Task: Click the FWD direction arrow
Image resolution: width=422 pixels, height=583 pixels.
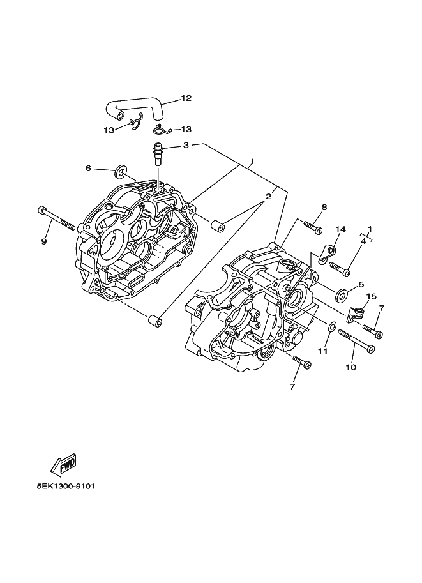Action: (x=64, y=465)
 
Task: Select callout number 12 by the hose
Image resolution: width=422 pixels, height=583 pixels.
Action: (x=186, y=98)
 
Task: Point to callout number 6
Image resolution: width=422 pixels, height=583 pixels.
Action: (x=88, y=169)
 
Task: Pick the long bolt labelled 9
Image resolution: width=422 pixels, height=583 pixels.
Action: (x=57, y=218)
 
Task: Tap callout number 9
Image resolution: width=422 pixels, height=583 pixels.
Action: (x=44, y=241)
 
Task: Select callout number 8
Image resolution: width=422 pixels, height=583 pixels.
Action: (x=324, y=207)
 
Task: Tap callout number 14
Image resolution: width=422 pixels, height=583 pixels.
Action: (x=341, y=229)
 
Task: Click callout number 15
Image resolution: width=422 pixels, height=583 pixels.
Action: (x=371, y=297)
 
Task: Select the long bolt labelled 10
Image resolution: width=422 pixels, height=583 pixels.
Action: (x=356, y=341)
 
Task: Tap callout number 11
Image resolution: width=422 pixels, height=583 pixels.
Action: (x=323, y=351)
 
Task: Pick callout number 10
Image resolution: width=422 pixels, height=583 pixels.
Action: (x=350, y=367)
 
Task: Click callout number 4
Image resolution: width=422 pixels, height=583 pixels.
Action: (x=363, y=241)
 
